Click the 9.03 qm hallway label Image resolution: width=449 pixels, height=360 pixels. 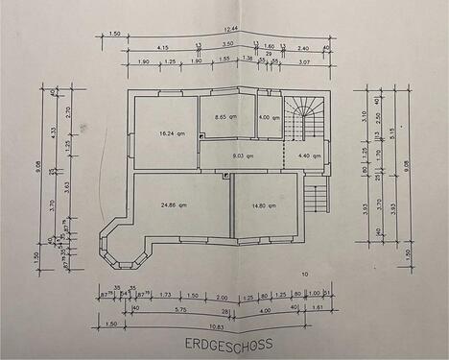pyautogui.click(x=241, y=156)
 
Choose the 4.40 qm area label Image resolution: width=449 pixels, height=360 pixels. pyautogui.click(x=310, y=156)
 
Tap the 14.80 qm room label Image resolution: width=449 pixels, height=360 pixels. pyautogui.click(x=264, y=206)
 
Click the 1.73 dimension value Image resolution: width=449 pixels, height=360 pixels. pyautogui.click(x=165, y=296)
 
